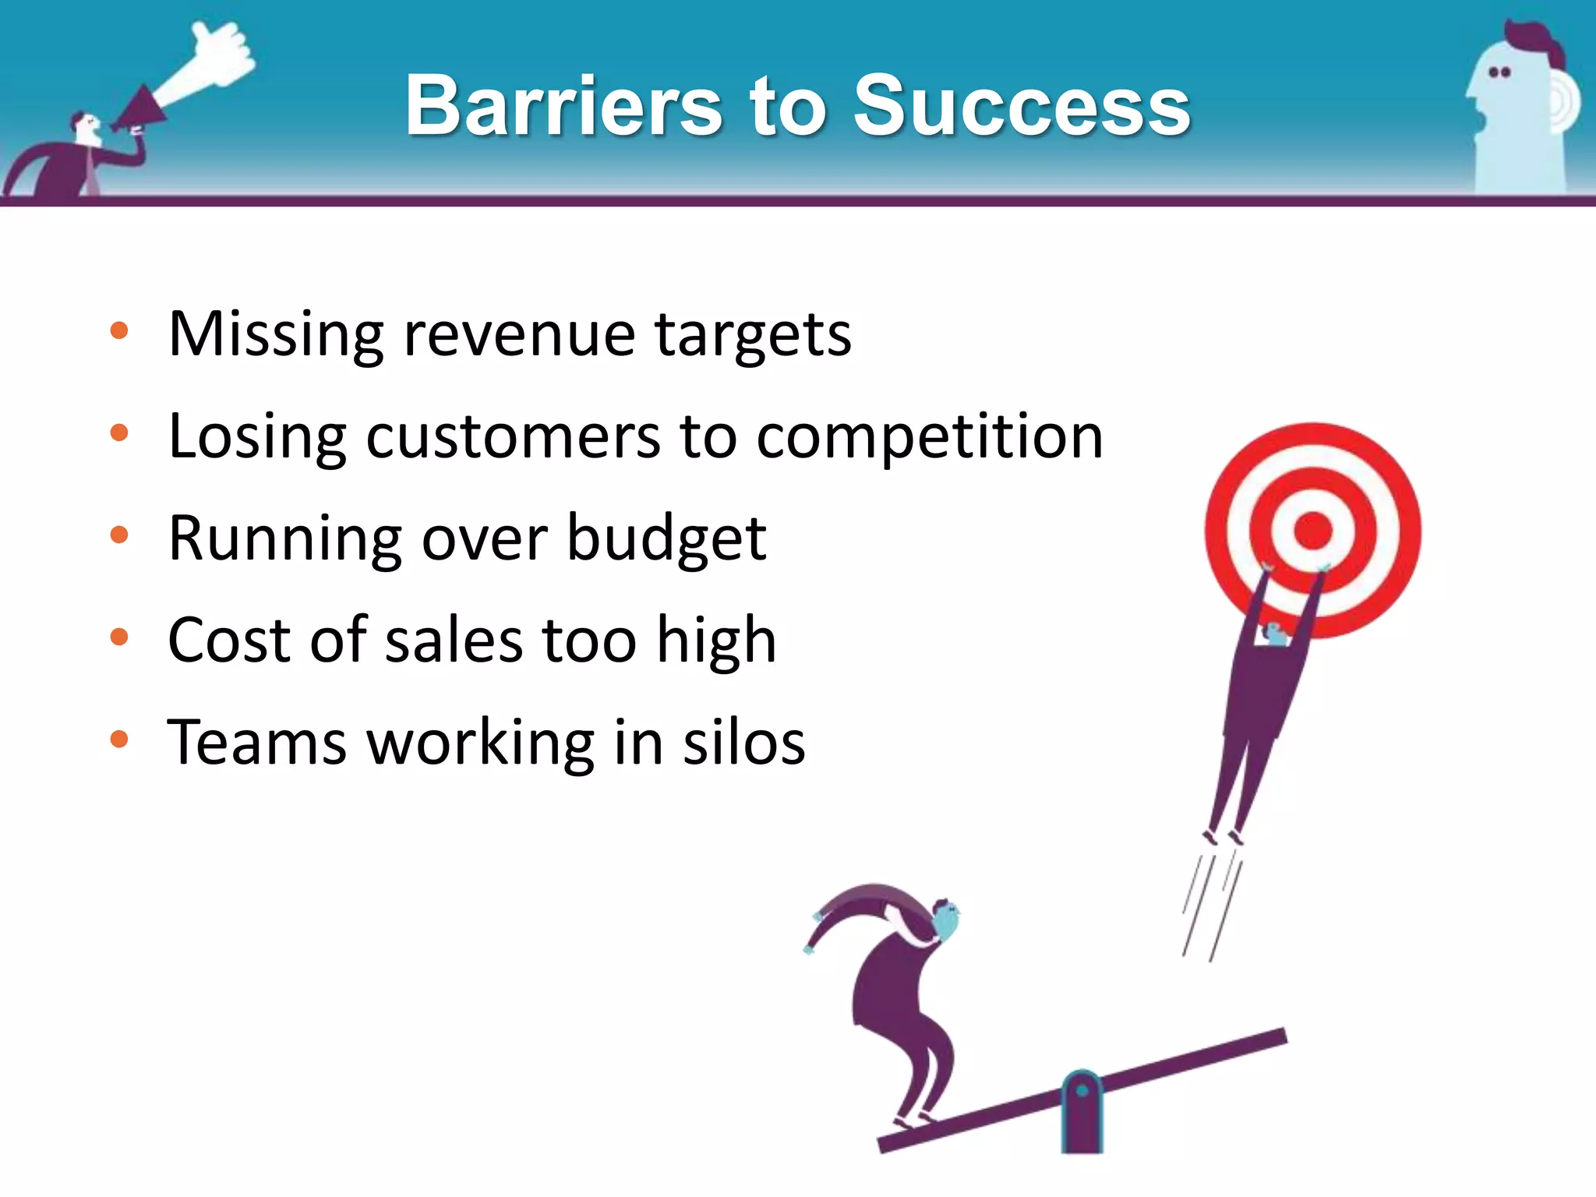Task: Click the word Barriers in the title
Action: pyautogui.click(x=563, y=105)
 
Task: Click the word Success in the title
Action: pyautogui.click(x=1021, y=105)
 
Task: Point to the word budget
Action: pyautogui.click(x=666, y=539)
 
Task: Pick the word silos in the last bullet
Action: pyautogui.click(x=743, y=743)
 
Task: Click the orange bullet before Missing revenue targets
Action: pyautogui.click(x=119, y=330)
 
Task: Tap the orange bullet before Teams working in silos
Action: pyautogui.click(x=119, y=739)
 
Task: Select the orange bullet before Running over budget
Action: pyautogui.click(x=119, y=535)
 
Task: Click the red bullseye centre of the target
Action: pyautogui.click(x=1312, y=531)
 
